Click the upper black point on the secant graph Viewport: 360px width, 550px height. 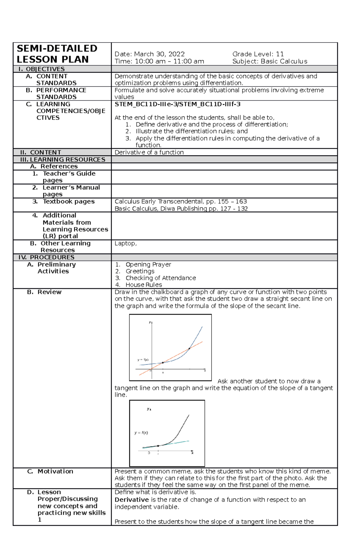(x=189, y=349)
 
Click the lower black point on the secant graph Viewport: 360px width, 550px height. (x=163, y=363)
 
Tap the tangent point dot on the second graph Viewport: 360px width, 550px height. (x=158, y=446)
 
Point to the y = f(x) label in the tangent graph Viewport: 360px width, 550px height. (x=141, y=433)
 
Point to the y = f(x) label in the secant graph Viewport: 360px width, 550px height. (x=143, y=360)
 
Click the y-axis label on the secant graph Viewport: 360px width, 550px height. (x=150, y=323)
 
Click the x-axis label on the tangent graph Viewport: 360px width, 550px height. (x=192, y=453)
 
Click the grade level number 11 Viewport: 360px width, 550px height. (x=280, y=54)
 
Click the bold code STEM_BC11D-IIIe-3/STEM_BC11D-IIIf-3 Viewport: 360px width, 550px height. (x=177, y=104)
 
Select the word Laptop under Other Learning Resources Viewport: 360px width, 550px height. (x=125, y=243)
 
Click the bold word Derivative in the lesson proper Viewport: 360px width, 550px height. (x=132, y=500)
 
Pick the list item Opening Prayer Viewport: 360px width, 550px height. (x=148, y=264)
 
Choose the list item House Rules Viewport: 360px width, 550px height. (x=144, y=285)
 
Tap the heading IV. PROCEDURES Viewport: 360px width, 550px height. (x=46, y=257)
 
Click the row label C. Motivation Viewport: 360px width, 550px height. (x=50, y=471)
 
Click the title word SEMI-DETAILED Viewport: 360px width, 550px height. (x=57, y=49)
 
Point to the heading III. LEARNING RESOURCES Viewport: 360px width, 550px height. (x=62, y=159)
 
